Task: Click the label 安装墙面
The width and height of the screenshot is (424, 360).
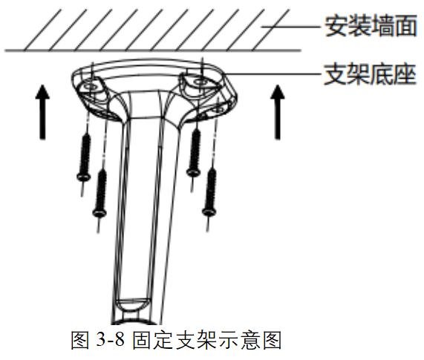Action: click(x=371, y=26)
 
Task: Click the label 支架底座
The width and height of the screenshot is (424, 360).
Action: click(x=370, y=74)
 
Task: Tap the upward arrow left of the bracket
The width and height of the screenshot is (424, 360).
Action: click(x=42, y=112)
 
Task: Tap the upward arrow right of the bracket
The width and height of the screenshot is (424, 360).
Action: click(x=278, y=112)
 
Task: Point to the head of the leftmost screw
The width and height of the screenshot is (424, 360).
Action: click(x=84, y=177)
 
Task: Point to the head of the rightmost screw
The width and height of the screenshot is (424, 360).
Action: click(x=209, y=212)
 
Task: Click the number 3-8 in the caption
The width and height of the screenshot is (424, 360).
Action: click(x=110, y=339)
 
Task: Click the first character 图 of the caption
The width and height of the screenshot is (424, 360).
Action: click(x=80, y=340)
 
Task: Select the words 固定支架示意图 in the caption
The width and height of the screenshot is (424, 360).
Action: click(x=207, y=340)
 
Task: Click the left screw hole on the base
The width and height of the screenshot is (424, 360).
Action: click(x=89, y=87)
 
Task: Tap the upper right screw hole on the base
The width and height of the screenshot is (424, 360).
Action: click(x=200, y=82)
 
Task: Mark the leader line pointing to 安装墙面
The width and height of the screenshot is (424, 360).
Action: click(x=291, y=27)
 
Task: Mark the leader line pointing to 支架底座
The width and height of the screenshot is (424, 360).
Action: click(x=273, y=73)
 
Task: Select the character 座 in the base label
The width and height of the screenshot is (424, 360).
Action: click(x=405, y=74)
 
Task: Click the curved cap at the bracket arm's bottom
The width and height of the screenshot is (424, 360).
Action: click(x=132, y=305)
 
